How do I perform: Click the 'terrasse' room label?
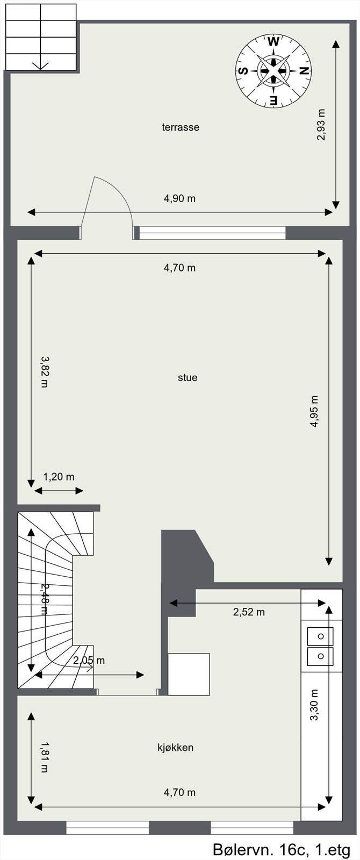[x=181, y=127]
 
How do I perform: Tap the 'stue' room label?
[x=188, y=377]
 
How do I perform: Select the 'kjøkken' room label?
[x=175, y=747]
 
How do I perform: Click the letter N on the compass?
[x=304, y=70]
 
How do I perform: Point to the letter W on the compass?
[x=273, y=41]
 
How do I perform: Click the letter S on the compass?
[x=243, y=70]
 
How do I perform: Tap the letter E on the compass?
[x=273, y=100]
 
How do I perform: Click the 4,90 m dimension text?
[x=179, y=198]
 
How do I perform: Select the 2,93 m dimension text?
[x=321, y=125]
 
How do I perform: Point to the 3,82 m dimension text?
[x=44, y=371]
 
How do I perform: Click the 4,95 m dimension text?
[x=314, y=411]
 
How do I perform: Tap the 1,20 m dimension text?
[x=59, y=476]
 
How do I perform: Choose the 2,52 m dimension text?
[x=249, y=612]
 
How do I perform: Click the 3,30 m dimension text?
[x=314, y=705]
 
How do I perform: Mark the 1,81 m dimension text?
[x=44, y=757]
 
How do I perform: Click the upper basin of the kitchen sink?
[x=320, y=636]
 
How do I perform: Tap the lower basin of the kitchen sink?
[x=320, y=656]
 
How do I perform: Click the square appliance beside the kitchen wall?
[x=189, y=674]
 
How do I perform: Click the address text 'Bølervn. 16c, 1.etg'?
[x=282, y=849]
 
